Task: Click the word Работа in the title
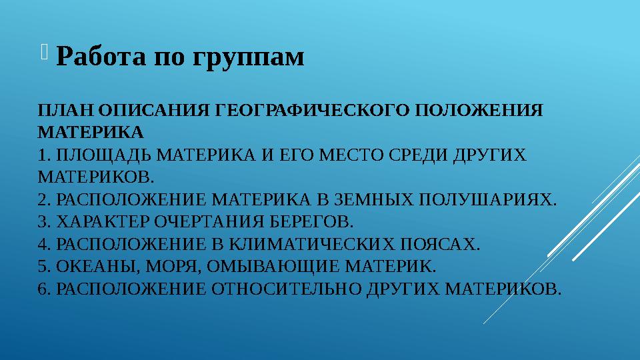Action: [x=101, y=55]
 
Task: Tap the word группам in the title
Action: [x=248, y=58]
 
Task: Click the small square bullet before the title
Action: [x=44, y=52]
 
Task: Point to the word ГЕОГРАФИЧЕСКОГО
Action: [x=312, y=110]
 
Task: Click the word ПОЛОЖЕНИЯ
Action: [x=479, y=110]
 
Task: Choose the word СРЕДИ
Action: [x=418, y=155]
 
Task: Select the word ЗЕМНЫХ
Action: [x=374, y=199]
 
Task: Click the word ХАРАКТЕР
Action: [x=103, y=221]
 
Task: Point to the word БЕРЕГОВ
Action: [x=311, y=221]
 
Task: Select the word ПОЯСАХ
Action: [x=439, y=244]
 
